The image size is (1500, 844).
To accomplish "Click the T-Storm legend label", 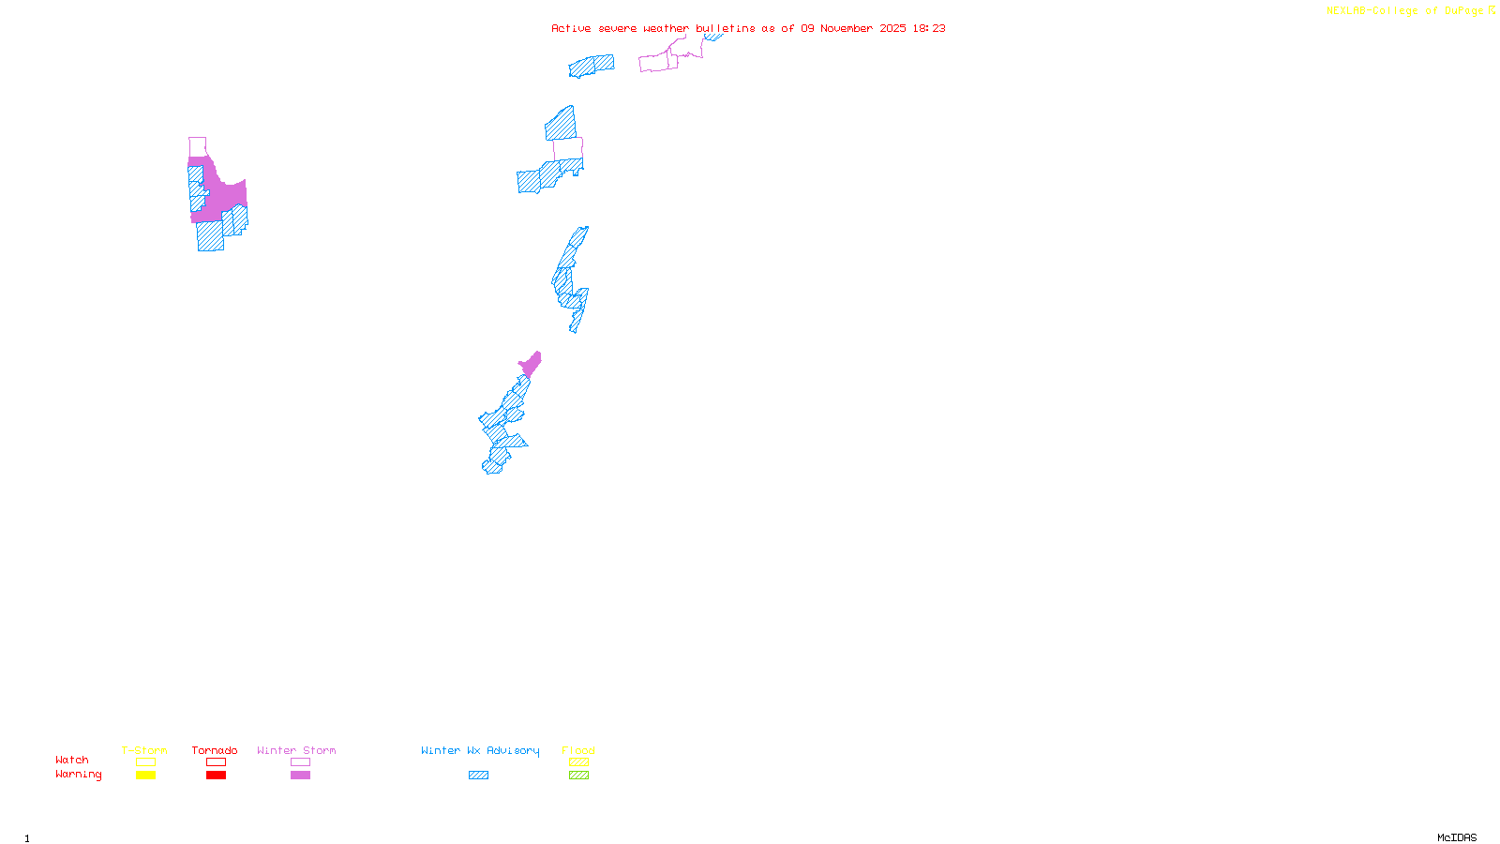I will (144, 750).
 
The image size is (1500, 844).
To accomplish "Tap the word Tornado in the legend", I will (215, 750).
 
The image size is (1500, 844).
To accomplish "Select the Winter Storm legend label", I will (296, 750).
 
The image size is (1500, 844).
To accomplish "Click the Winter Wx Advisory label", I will (480, 750).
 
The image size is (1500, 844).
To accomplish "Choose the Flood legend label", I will (578, 750).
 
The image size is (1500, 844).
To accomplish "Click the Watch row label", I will (72, 760).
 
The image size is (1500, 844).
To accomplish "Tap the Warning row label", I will (79, 775).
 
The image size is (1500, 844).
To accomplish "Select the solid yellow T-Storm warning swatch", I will (145, 776).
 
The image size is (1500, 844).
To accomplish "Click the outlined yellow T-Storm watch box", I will (145, 762).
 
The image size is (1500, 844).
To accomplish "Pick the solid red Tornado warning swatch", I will (216, 776).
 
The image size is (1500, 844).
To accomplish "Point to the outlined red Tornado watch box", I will (216, 762).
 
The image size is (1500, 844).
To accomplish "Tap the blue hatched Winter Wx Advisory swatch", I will (478, 776).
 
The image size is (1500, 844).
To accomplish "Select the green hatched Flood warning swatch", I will (578, 776).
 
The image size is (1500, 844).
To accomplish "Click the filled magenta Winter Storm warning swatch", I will (300, 776).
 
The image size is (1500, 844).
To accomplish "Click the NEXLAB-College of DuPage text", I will (1405, 11).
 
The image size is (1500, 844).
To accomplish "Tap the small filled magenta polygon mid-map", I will (531, 364).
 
